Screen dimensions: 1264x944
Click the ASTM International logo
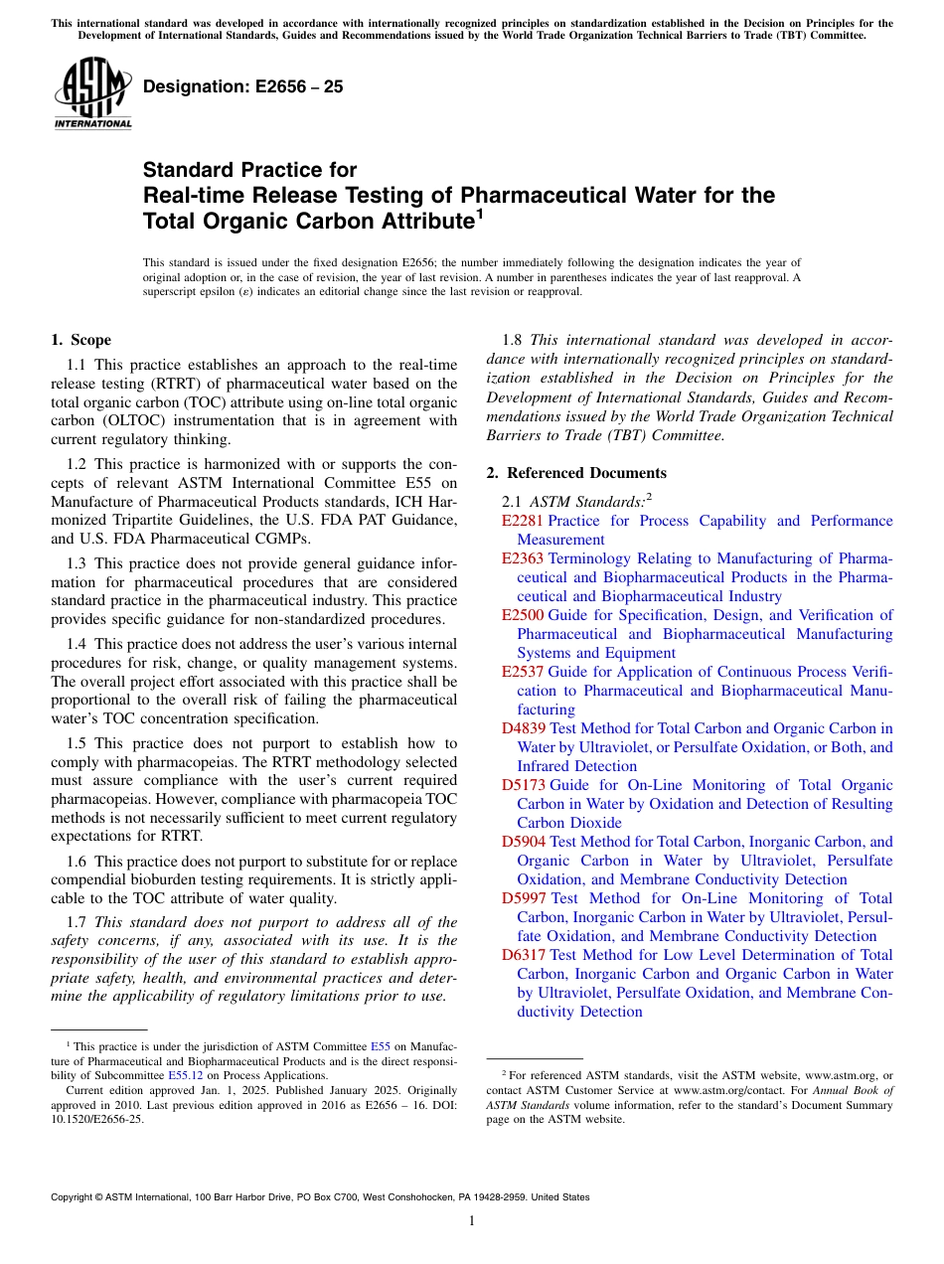coord(92,93)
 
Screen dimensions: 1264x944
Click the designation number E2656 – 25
coord(243,86)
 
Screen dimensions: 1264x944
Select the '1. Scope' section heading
coord(80,340)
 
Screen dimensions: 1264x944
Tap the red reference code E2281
coord(523,521)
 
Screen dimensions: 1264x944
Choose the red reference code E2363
coord(523,558)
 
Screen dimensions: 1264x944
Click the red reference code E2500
coord(523,615)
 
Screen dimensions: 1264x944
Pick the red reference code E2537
coord(523,672)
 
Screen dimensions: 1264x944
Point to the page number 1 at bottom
coord(472,1220)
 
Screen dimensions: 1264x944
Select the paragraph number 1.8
coord(514,340)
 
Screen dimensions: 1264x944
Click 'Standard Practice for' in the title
coord(249,170)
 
